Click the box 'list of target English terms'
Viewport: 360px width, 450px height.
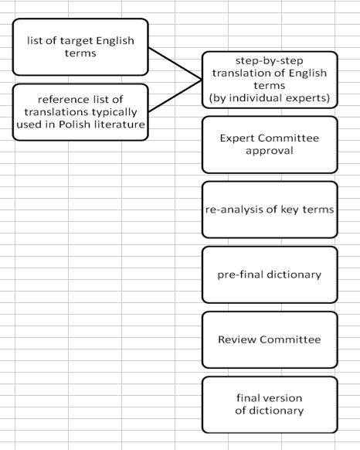pyautogui.click(x=80, y=47)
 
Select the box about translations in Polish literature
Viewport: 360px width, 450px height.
pyautogui.click(x=80, y=112)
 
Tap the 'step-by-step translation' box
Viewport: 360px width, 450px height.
pyautogui.click(x=270, y=80)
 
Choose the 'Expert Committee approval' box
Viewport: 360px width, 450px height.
pyautogui.click(x=270, y=145)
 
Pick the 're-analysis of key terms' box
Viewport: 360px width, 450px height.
pyautogui.click(x=270, y=210)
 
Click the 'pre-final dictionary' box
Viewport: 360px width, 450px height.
pyautogui.click(x=270, y=274)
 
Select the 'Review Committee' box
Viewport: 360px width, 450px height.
pyautogui.click(x=270, y=339)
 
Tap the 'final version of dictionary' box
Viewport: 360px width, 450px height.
pyautogui.click(x=270, y=404)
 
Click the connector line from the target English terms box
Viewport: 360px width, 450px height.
pyautogui.click(x=175, y=63)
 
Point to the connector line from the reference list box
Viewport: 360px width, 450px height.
pyautogui.click(x=175, y=96)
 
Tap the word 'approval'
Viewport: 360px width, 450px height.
pyautogui.click(x=270, y=151)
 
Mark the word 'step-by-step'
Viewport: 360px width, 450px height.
pyautogui.click(x=270, y=61)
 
